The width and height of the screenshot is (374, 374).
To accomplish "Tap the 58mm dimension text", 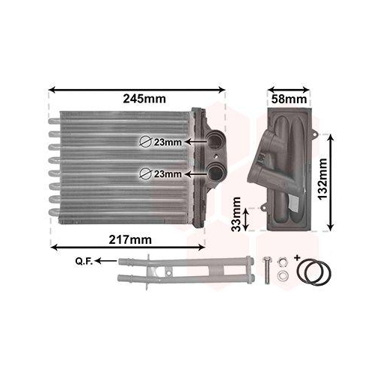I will pyautogui.click(x=286, y=98).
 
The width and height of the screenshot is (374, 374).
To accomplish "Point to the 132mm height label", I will pyautogui.click(x=322, y=177).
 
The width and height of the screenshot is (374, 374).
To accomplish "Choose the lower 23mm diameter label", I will pyautogui.click(x=168, y=174).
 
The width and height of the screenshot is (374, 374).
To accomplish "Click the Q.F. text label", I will pyautogui.click(x=84, y=261).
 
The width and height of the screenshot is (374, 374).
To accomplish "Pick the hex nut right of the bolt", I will pyautogui.click(x=281, y=262).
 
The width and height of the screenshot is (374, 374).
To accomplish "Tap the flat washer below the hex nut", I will pyautogui.click(x=281, y=276).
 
